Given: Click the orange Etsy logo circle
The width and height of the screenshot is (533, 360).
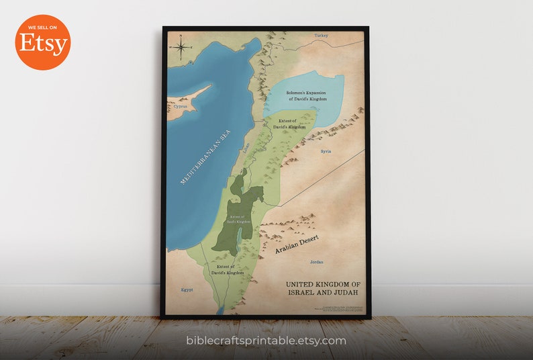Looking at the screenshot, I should click(42, 42).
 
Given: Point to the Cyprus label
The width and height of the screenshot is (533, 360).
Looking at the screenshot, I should click(180, 106).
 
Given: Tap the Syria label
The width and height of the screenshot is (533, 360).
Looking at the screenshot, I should click(326, 152).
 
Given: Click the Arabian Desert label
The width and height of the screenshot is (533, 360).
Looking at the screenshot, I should click(296, 244).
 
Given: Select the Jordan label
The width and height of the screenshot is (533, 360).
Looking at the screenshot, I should click(316, 261).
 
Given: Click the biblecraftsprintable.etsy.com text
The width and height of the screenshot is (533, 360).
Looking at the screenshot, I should click(266, 341).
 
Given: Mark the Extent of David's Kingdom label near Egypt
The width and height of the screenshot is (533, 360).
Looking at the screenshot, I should click(225, 270).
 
